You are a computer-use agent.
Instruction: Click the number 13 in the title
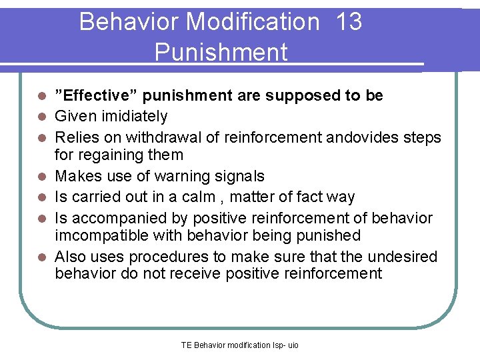click(x=349, y=22)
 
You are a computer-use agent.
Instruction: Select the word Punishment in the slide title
click(x=221, y=52)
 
